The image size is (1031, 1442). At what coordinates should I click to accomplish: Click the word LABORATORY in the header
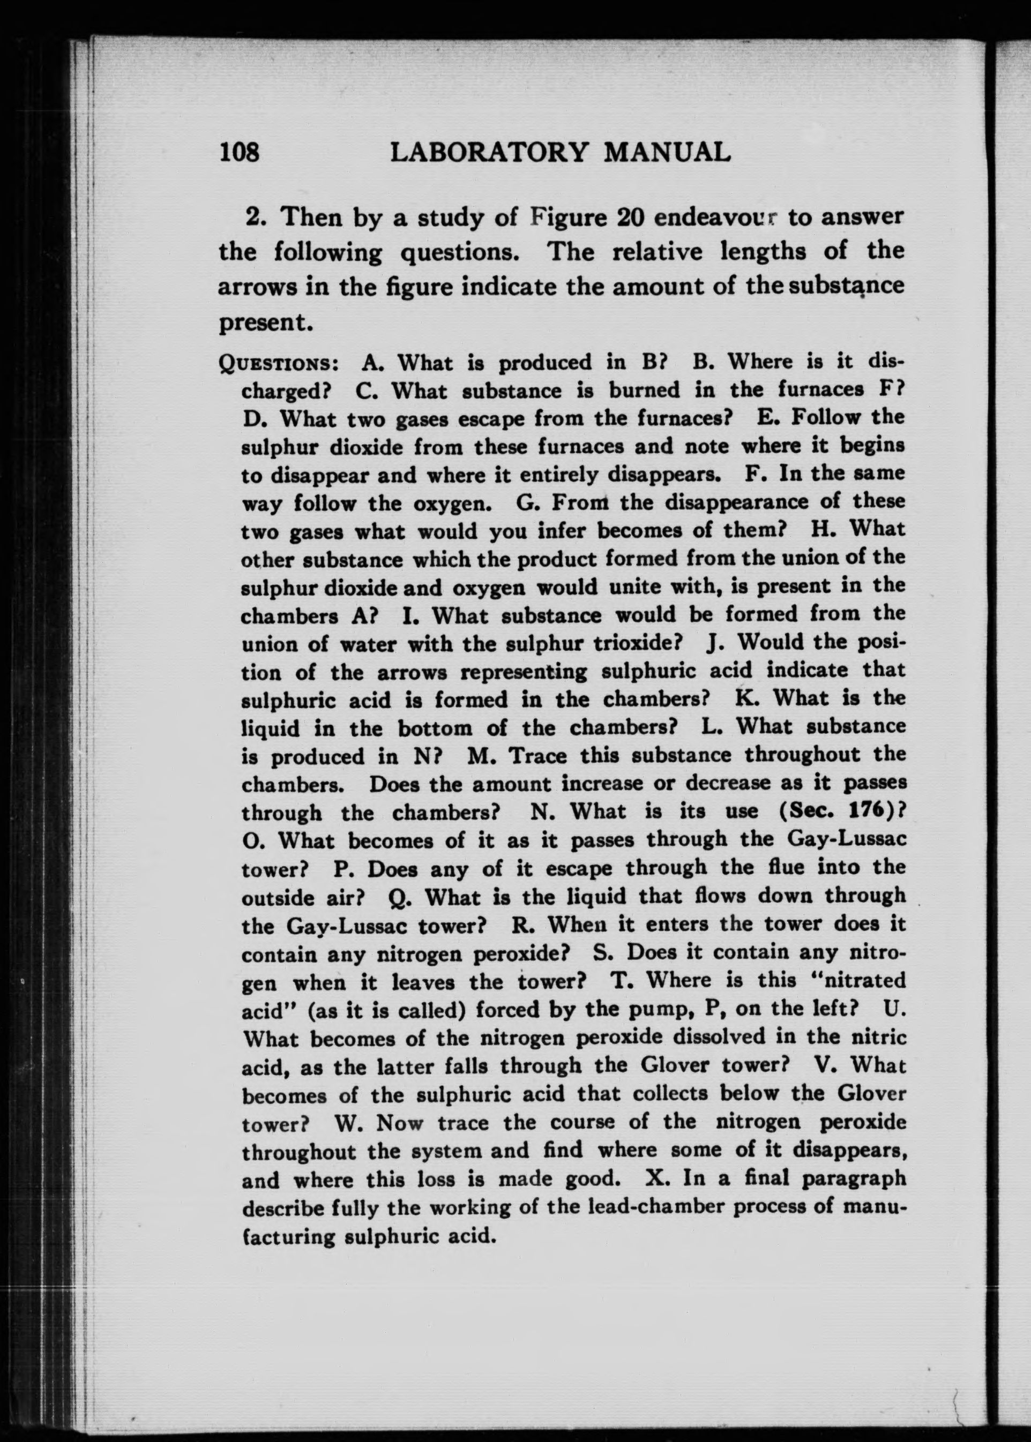coord(487,152)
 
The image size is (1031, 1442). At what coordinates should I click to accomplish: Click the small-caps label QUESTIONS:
coord(278,364)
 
